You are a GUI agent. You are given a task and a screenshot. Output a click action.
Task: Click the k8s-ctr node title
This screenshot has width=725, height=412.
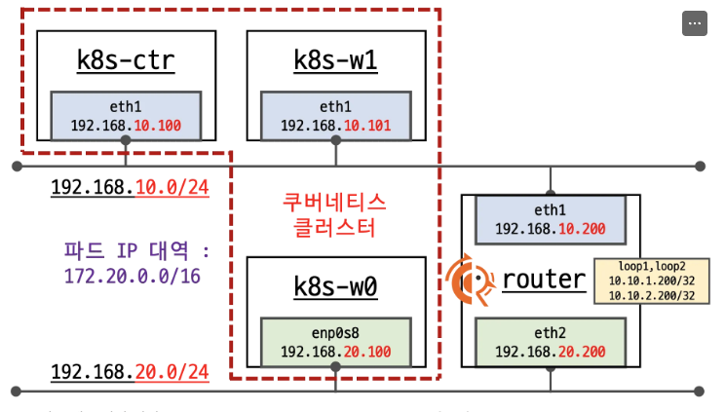126,60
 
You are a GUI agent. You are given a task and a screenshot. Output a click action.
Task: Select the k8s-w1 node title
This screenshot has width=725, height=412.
335,60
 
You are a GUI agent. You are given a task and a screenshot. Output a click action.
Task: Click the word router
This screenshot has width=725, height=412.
544,281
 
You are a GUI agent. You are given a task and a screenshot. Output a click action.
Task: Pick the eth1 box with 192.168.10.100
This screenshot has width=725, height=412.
126,117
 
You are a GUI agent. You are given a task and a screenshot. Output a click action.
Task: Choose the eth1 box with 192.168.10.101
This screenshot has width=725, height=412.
335,117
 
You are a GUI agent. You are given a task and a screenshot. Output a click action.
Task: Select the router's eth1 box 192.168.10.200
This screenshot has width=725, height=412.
551,219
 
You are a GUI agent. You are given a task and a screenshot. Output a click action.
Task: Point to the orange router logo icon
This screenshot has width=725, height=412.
471,281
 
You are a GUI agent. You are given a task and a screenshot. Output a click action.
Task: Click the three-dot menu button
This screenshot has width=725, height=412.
694,23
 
